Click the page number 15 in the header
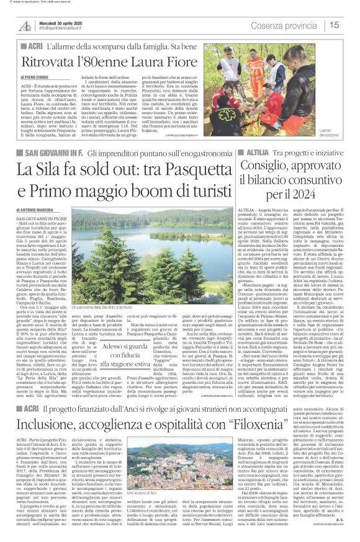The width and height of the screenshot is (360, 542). point(350,25)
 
